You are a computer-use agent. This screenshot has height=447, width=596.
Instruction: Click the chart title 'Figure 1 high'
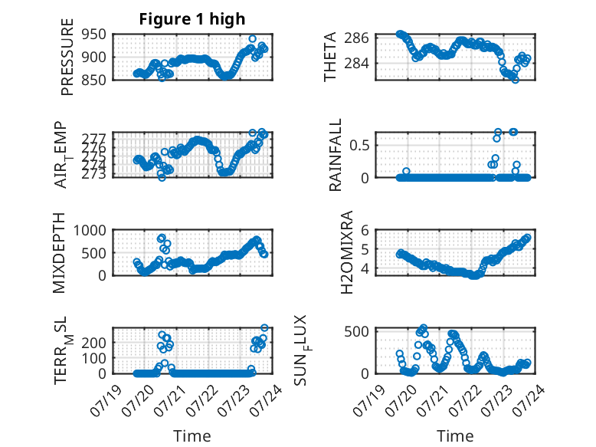coord(192,19)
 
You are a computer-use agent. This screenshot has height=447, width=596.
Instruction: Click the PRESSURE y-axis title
coord(67,57)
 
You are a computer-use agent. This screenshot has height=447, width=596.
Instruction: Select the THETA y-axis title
coord(330,57)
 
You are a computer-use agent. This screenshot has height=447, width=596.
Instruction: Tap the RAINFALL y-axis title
coord(336,155)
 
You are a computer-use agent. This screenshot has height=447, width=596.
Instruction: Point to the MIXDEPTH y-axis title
coord(59,253)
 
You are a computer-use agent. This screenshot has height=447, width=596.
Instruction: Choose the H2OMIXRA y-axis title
coord(347,252)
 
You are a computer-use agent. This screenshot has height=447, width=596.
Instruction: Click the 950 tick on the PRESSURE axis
coord(93,35)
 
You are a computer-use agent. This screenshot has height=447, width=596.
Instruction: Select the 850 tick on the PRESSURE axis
coord(93,80)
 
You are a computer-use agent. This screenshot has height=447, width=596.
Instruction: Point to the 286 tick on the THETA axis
coord(356,38)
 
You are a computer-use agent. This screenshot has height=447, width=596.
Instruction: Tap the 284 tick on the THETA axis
coord(356,63)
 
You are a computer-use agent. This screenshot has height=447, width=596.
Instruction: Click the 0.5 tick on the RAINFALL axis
coord(359,146)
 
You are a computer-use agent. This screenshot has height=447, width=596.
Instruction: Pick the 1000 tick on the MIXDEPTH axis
coord(90,231)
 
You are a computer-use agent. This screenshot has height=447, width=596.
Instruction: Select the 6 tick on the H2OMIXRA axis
coord(365,230)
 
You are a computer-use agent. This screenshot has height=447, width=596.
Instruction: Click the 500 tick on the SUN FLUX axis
coord(356,332)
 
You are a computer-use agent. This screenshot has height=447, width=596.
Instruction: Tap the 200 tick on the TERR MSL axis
coord(94,343)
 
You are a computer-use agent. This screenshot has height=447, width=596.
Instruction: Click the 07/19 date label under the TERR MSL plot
coord(106,400)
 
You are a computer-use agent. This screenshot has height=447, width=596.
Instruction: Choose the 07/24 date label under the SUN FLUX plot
coord(529,400)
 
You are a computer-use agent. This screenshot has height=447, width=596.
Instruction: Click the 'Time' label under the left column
coord(192,436)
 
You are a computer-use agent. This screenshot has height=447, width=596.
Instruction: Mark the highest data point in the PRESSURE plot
coord(252,39)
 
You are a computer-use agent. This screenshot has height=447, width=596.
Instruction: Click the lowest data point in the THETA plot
coord(515,80)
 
